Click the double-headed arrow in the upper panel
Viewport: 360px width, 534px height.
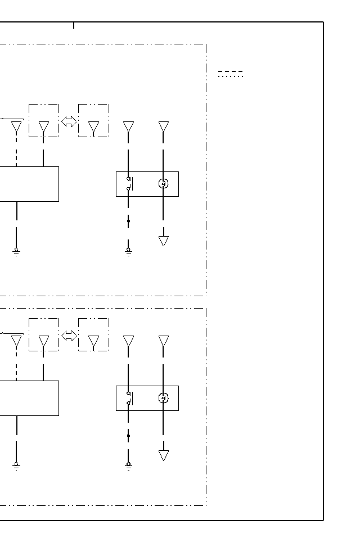(x=69, y=121)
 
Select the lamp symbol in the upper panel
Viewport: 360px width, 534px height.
(x=164, y=183)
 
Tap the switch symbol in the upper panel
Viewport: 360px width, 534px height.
(x=129, y=184)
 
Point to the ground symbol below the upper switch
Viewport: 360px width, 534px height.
(x=128, y=251)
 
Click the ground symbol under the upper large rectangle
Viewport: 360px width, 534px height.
(x=16, y=251)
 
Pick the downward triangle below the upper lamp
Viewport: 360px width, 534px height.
(x=164, y=241)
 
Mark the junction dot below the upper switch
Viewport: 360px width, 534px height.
(x=128, y=221)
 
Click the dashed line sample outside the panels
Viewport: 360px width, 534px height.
(x=231, y=72)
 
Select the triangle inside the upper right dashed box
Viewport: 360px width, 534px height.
(x=94, y=127)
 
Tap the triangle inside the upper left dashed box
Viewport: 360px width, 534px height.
(x=44, y=127)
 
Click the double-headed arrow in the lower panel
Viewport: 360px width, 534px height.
(x=69, y=336)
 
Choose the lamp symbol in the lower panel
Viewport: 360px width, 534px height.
(x=164, y=398)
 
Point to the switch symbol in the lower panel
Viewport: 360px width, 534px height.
(x=129, y=398)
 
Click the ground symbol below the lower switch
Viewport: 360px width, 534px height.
(x=128, y=465)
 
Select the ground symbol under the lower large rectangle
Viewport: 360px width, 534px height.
(x=16, y=465)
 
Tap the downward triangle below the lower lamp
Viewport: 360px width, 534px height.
(x=164, y=455)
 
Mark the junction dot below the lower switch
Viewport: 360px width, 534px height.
(x=128, y=436)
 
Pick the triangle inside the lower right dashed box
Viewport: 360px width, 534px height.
(x=94, y=341)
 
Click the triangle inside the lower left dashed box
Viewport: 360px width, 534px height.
(x=44, y=341)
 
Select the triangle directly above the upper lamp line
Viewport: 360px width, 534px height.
(x=164, y=126)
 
